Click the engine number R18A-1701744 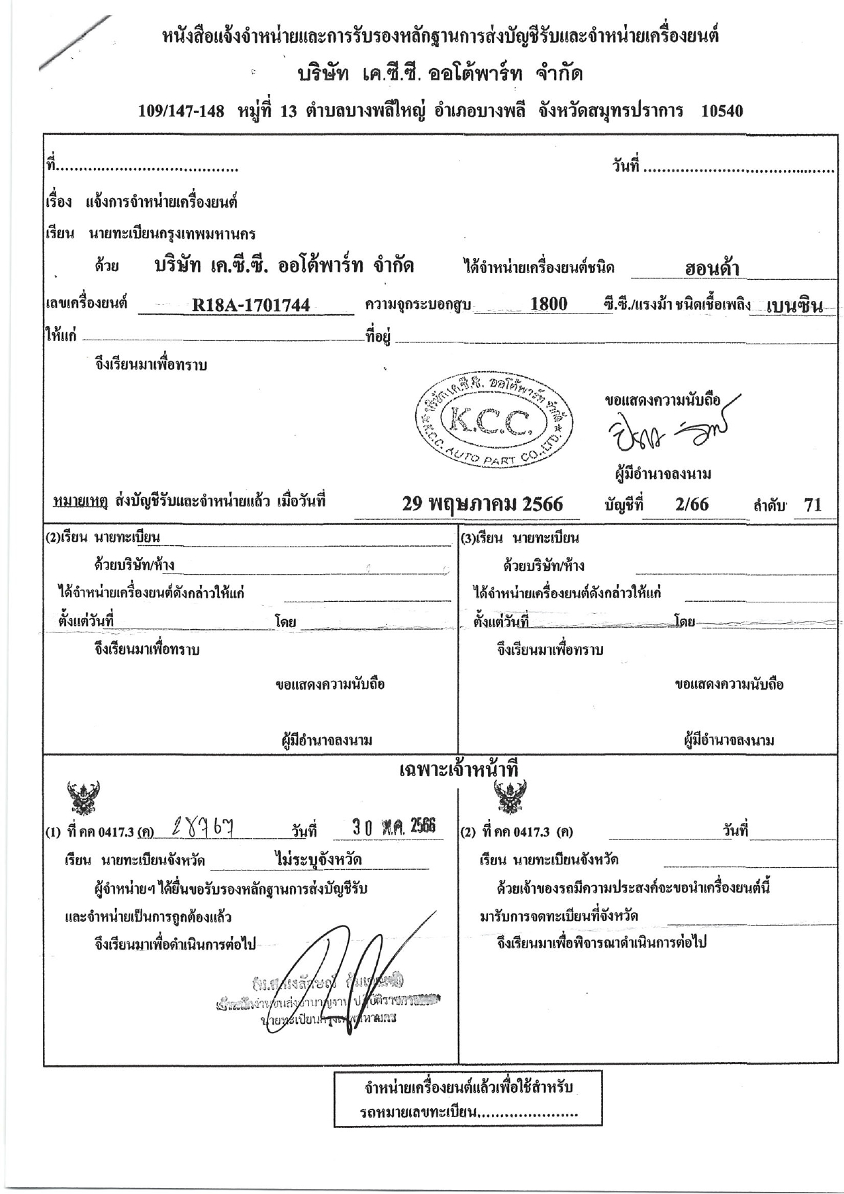(250, 306)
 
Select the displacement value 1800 (549, 304)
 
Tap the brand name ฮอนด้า (712, 269)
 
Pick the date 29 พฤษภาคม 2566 (483, 504)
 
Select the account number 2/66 (692, 504)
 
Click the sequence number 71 (813, 505)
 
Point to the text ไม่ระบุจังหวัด (319, 860)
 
